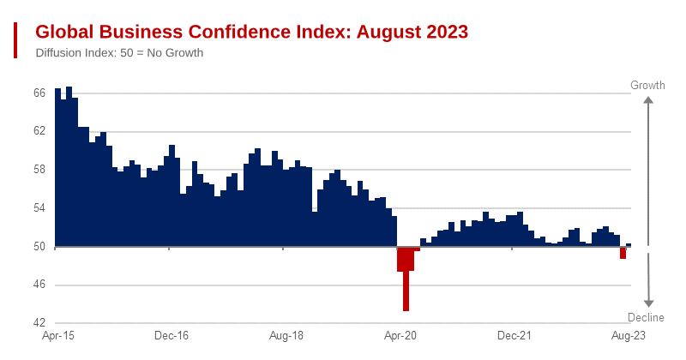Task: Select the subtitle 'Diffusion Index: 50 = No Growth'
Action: click(x=119, y=53)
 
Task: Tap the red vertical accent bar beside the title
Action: click(x=15, y=40)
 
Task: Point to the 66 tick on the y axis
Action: click(x=39, y=93)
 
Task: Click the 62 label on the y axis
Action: click(x=39, y=131)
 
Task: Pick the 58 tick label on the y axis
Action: click(x=39, y=170)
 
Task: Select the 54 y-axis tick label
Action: click(x=39, y=208)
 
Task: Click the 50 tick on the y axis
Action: click(x=39, y=247)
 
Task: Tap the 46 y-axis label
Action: click(x=39, y=285)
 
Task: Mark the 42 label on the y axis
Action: click(x=39, y=324)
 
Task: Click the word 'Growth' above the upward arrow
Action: click(x=648, y=86)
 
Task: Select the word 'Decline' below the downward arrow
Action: click(x=648, y=318)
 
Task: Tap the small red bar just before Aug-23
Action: click(x=623, y=253)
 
